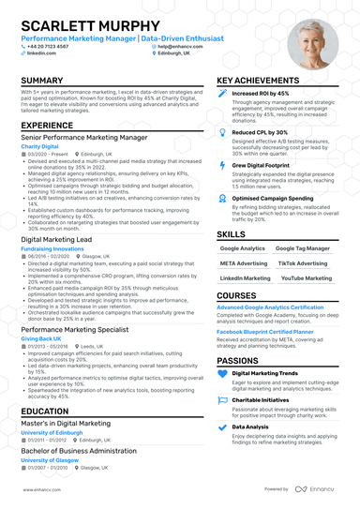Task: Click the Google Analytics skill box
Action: click(242, 248)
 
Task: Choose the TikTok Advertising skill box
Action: click(306, 263)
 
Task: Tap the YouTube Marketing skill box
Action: click(306, 278)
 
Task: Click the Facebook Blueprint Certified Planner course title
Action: click(265, 331)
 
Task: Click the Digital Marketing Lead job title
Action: click(57, 240)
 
